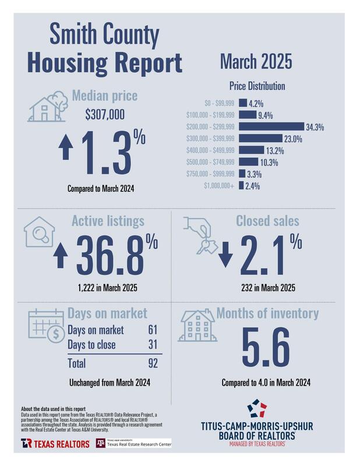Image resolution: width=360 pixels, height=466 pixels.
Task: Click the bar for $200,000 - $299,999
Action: [x=271, y=126]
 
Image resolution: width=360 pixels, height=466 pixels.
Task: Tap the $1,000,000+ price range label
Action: [x=219, y=186]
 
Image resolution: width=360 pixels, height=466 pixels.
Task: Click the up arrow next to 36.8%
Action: [x=59, y=256]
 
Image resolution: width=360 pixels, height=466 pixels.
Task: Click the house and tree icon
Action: [x=49, y=105]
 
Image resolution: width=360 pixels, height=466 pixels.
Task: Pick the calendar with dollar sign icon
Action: [x=45, y=326]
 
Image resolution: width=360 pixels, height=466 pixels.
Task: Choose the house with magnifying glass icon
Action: [x=40, y=232]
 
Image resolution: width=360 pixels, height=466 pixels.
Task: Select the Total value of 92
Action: [x=153, y=363]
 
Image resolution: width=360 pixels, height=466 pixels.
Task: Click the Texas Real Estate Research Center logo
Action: [x=133, y=443]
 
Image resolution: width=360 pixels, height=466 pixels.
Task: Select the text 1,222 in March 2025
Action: [x=110, y=288]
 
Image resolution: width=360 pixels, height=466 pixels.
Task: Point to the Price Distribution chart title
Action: [x=256, y=86]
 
